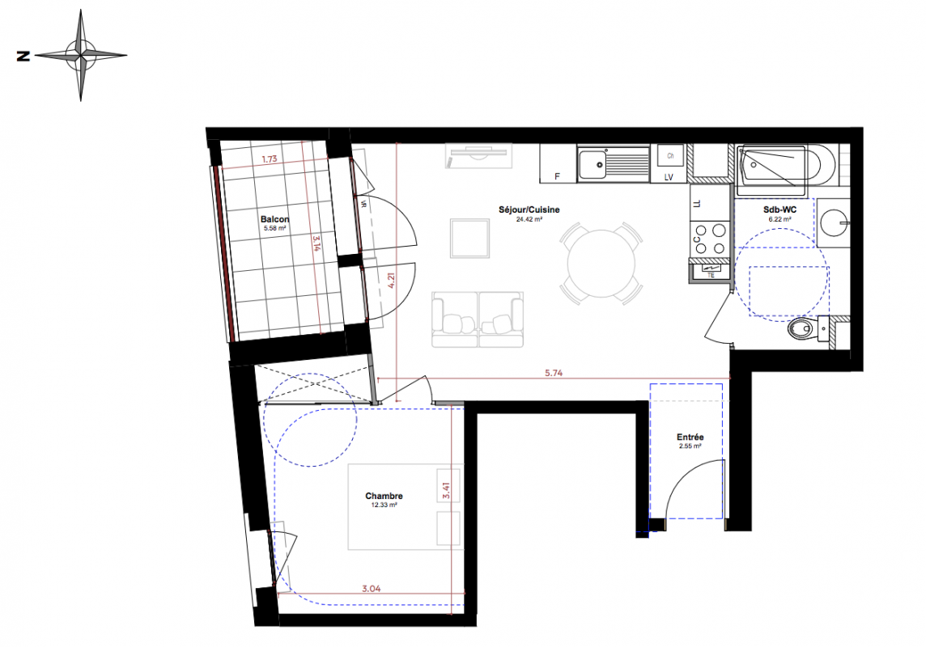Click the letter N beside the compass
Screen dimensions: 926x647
click(23, 56)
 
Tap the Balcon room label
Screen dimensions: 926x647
click(274, 219)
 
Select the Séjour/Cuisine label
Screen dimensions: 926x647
click(529, 209)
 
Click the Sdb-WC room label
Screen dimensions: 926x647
click(779, 209)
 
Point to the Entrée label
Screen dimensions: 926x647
click(690, 437)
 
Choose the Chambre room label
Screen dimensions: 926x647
click(384, 496)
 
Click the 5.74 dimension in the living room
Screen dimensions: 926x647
click(554, 373)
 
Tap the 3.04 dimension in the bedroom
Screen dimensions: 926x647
click(371, 588)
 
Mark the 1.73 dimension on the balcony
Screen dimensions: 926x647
click(270, 159)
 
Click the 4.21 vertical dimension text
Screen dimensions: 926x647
click(390, 280)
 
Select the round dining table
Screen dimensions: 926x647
click(601, 263)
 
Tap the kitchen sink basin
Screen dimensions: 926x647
click(592, 164)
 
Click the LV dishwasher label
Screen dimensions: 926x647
click(669, 177)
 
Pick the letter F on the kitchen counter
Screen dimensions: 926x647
click(557, 176)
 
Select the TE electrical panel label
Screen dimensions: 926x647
click(711, 275)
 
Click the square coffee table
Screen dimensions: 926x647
click(469, 239)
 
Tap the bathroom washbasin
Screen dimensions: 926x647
click(834, 222)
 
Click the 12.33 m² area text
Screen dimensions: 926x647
click(384, 505)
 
